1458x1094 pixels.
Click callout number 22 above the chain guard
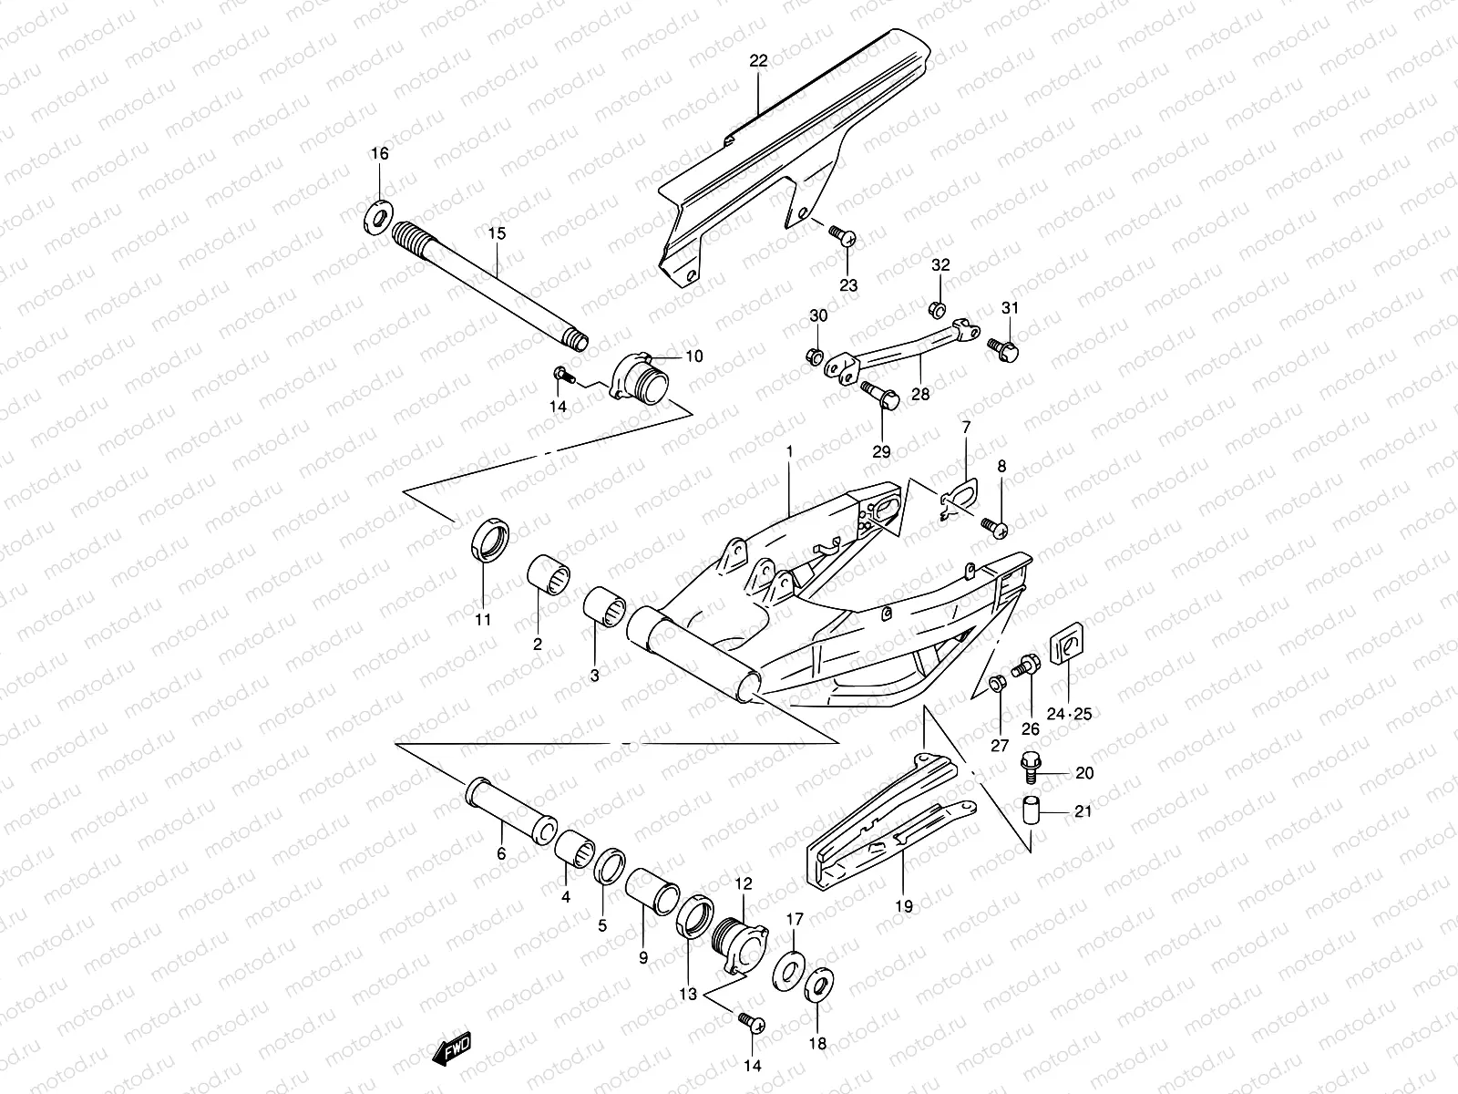[x=758, y=61]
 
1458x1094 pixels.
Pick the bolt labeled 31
[x=1002, y=347]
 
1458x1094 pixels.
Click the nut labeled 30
[x=816, y=354]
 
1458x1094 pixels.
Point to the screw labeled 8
[x=994, y=528]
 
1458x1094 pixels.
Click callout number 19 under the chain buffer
[x=903, y=906]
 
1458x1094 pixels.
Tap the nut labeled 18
[x=819, y=986]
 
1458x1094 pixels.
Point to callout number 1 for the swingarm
[x=789, y=452]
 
